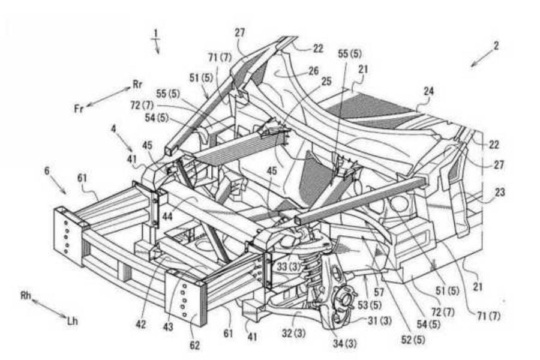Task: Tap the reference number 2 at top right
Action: pyautogui.click(x=496, y=46)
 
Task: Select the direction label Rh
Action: pyautogui.click(x=25, y=296)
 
